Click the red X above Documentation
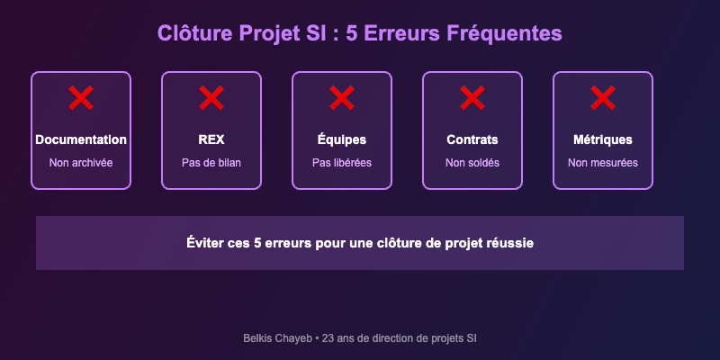pyautogui.click(x=81, y=98)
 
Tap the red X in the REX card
pyautogui.click(x=211, y=98)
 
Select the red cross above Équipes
pyautogui.click(x=342, y=98)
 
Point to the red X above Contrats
pyautogui.click(x=472, y=98)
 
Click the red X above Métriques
pyautogui.click(x=603, y=98)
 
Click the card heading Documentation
pyautogui.click(x=81, y=140)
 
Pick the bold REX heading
pyautogui.click(x=211, y=140)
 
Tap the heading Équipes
pyautogui.click(x=342, y=140)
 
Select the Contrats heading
pyautogui.click(x=472, y=140)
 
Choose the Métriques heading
pyautogui.click(x=603, y=140)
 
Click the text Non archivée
pyautogui.click(x=81, y=163)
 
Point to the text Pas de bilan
pyautogui.click(x=211, y=163)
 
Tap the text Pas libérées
pyautogui.click(x=342, y=163)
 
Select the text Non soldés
pyautogui.click(x=472, y=163)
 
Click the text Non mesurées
pyautogui.click(x=603, y=163)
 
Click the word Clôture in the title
pyautogui.click(x=194, y=33)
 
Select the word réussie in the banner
pyautogui.click(x=508, y=243)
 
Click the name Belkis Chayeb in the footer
pyautogui.click(x=276, y=338)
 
